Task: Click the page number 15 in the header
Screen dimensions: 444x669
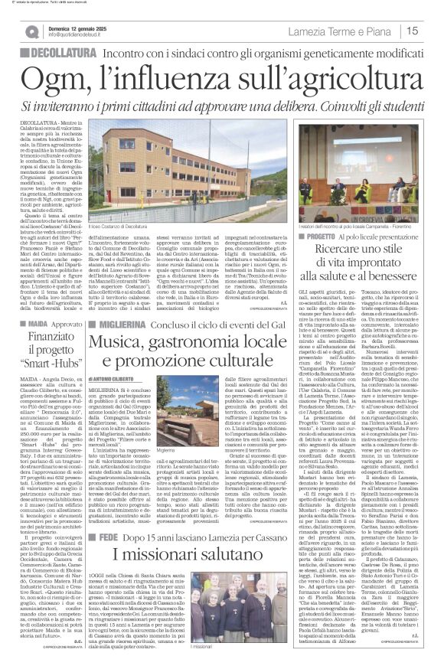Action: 432,31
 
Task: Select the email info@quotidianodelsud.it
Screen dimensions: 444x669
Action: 80,35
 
